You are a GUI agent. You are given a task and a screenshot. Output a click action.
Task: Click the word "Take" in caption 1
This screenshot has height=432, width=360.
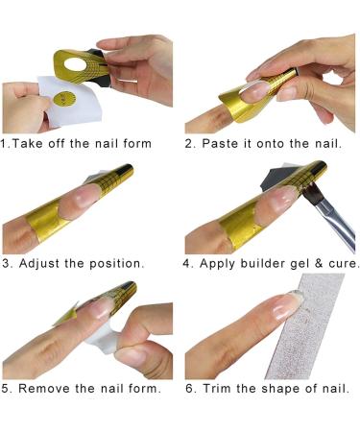[x=31, y=144]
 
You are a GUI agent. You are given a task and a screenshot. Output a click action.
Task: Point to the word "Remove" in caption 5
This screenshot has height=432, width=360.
[x=48, y=389]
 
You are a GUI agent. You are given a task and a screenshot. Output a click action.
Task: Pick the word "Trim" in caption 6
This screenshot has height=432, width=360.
[x=222, y=389]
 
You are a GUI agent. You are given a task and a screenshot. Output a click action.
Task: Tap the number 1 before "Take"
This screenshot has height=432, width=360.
[x=6, y=144]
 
